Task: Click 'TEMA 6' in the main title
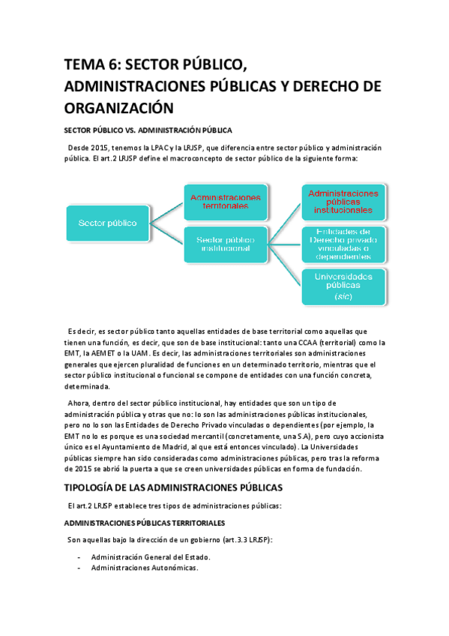tap(88, 65)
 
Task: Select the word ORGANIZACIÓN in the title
tap(118, 107)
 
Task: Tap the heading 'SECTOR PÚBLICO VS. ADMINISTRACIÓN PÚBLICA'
tap(148, 130)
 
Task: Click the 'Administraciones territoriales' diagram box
tap(225, 201)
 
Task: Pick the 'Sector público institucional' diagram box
tap(225, 243)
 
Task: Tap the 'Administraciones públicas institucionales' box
tap(343, 201)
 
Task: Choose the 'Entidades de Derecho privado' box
tap(343, 243)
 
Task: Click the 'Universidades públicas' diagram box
tap(343, 286)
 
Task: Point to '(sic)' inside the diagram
tap(343, 297)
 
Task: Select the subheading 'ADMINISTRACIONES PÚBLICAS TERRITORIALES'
tap(143, 522)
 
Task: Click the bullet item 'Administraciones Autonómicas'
tap(144, 568)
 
